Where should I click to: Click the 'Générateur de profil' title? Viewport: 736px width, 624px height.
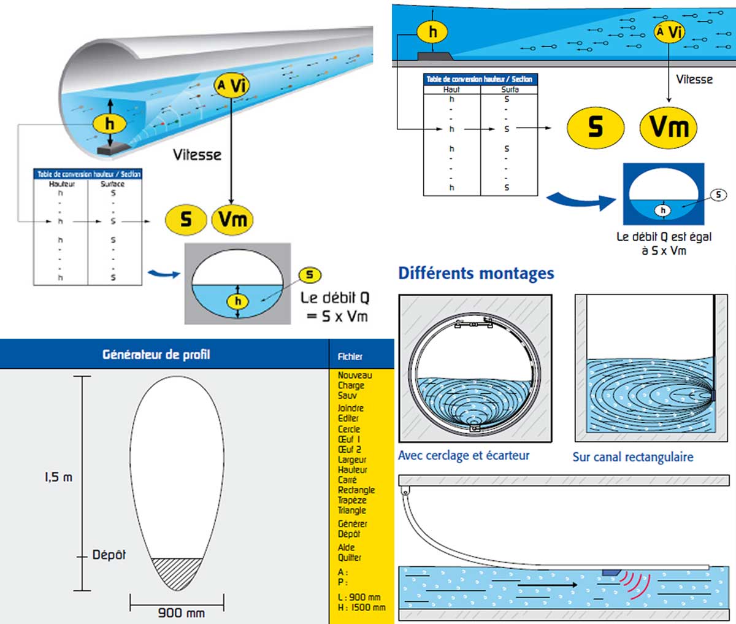(156, 354)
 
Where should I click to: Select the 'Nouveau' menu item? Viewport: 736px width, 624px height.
(355, 375)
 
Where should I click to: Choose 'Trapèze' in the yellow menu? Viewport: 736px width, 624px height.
(351, 500)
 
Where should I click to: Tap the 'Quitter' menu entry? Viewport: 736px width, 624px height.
(349, 557)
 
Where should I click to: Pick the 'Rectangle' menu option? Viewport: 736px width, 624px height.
(356, 490)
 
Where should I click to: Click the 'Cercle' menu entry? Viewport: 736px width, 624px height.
(348, 429)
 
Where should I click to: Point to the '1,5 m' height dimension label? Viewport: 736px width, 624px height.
(58, 477)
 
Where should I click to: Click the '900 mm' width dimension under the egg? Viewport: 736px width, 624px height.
(181, 612)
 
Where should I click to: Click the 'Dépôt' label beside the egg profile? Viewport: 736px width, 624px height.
(109, 555)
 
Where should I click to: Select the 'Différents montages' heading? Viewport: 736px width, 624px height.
(476, 273)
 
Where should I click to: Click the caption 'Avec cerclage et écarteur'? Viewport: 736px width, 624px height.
(463, 455)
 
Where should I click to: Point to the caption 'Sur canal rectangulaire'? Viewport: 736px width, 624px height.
(632, 456)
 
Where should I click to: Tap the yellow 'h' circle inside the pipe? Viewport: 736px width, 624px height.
(109, 124)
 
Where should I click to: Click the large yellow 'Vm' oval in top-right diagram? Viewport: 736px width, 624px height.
(669, 127)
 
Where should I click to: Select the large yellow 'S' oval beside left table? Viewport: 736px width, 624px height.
(185, 219)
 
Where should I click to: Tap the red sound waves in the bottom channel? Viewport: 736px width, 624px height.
(635, 583)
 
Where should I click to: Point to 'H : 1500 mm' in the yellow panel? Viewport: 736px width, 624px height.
(361, 607)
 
